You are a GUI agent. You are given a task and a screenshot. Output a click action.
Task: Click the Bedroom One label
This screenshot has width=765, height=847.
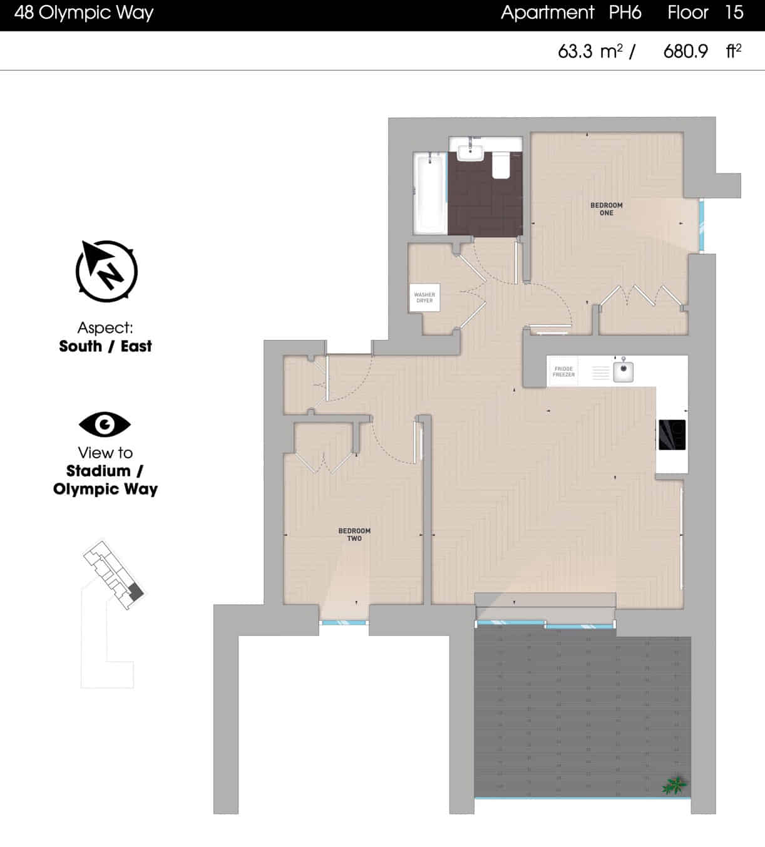pyautogui.click(x=606, y=209)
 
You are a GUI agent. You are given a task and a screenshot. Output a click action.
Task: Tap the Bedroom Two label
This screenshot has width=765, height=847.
pyautogui.click(x=354, y=535)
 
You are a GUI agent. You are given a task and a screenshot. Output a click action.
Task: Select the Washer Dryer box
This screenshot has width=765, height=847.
pyautogui.click(x=424, y=297)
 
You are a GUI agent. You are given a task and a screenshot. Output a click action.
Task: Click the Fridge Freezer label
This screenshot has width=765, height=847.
pyautogui.click(x=563, y=372)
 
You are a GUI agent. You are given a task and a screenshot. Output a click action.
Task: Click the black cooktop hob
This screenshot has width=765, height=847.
pyautogui.click(x=672, y=434)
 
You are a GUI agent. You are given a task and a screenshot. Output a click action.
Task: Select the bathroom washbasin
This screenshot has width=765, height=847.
pyautogui.click(x=470, y=151)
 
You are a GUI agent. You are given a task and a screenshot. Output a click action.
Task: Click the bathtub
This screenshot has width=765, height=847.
pyautogui.click(x=429, y=194)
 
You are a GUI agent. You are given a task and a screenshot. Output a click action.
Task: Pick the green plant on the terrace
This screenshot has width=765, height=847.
pyautogui.click(x=674, y=784)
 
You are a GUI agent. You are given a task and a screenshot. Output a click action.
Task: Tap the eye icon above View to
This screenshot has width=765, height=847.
pyautogui.click(x=105, y=424)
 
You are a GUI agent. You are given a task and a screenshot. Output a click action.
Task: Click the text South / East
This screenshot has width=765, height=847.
pyautogui.click(x=105, y=346)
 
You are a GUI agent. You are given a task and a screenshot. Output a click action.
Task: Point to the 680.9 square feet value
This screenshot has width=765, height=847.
pyautogui.click(x=685, y=51)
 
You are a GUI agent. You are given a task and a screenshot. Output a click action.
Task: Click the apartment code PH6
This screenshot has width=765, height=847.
pyautogui.click(x=625, y=13)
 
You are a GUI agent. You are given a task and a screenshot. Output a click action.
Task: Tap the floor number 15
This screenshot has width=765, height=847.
pyautogui.click(x=734, y=13)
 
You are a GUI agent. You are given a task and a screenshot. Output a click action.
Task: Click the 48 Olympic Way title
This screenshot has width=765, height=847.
pyautogui.click(x=84, y=13)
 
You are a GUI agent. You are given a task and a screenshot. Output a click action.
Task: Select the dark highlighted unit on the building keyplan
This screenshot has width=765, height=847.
pyautogui.click(x=136, y=592)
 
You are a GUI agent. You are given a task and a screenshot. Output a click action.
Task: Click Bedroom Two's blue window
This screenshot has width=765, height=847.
pyautogui.click(x=344, y=622)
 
